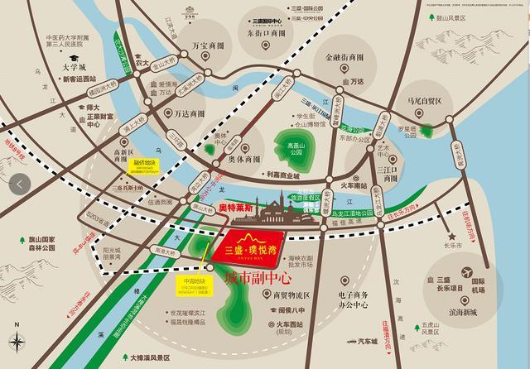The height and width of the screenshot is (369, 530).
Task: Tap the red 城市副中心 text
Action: pos(259,278)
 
